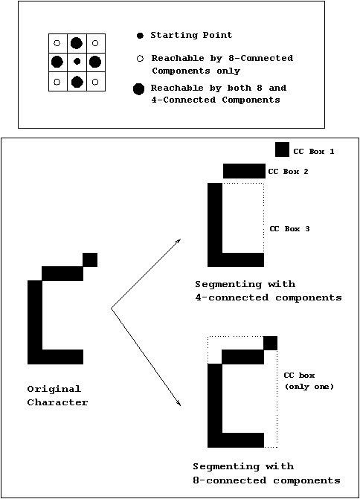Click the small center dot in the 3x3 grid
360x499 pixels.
click(x=77, y=62)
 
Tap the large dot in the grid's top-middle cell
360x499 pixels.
click(x=77, y=43)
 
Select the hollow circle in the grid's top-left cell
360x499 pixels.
click(x=57, y=43)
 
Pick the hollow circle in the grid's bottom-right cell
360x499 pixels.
click(x=95, y=82)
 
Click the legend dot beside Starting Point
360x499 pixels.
click(x=140, y=36)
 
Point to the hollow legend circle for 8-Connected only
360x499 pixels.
click(x=140, y=59)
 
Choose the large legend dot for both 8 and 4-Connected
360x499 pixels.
click(x=139, y=89)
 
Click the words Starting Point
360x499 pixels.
click(x=191, y=35)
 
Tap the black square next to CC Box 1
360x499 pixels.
click(x=283, y=149)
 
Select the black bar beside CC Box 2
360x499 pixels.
click(x=244, y=171)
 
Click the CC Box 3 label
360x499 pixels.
click(x=289, y=229)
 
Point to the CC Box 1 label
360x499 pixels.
click(x=314, y=152)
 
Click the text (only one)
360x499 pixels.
click(x=309, y=387)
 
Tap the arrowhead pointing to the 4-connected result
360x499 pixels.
click(x=179, y=241)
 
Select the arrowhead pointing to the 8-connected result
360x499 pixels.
click(x=179, y=403)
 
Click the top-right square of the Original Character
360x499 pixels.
click(x=90, y=260)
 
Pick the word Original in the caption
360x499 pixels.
click(x=54, y=389)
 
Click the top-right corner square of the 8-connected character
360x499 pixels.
click(x=271, y=343)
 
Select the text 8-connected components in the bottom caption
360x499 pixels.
click(x=267, y=480)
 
